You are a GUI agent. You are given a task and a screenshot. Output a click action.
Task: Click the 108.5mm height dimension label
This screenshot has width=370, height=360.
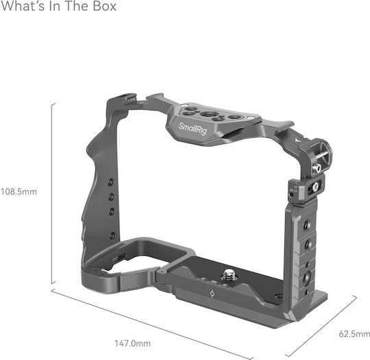(x=18, y=191)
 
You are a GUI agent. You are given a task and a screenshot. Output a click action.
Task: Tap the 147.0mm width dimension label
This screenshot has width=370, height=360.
(x=132, y=344)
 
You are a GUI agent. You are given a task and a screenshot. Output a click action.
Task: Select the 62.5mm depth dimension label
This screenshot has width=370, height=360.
(x=354, y=334)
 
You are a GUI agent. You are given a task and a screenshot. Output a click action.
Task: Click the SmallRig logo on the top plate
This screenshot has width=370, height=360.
(x=193, y=129)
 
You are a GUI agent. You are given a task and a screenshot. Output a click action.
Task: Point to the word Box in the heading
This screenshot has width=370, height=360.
(x=105, y=6)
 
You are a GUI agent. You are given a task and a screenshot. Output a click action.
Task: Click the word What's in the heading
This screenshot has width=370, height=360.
(x=23, y=6)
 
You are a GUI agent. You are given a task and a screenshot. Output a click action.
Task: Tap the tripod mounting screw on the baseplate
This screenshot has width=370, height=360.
(x=228, y=276)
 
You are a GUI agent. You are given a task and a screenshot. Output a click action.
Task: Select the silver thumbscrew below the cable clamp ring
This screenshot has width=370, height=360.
(x=316, y=169)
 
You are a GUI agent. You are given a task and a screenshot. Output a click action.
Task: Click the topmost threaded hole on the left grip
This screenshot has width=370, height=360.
(x=111, y=182)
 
